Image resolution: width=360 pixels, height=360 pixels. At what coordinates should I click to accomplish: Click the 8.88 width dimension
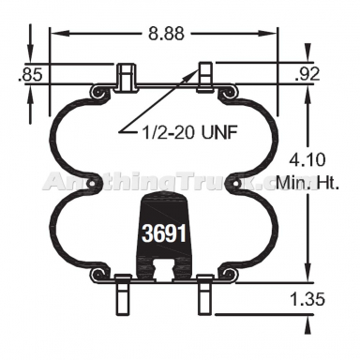pyautogui.click(x=166, y=33)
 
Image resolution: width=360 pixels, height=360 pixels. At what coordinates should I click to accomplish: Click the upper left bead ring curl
pyautogui.click(x=97, y=92)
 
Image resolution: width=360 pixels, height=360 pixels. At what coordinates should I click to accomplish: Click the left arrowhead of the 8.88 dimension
pyautogui.click(x=54, y=33)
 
